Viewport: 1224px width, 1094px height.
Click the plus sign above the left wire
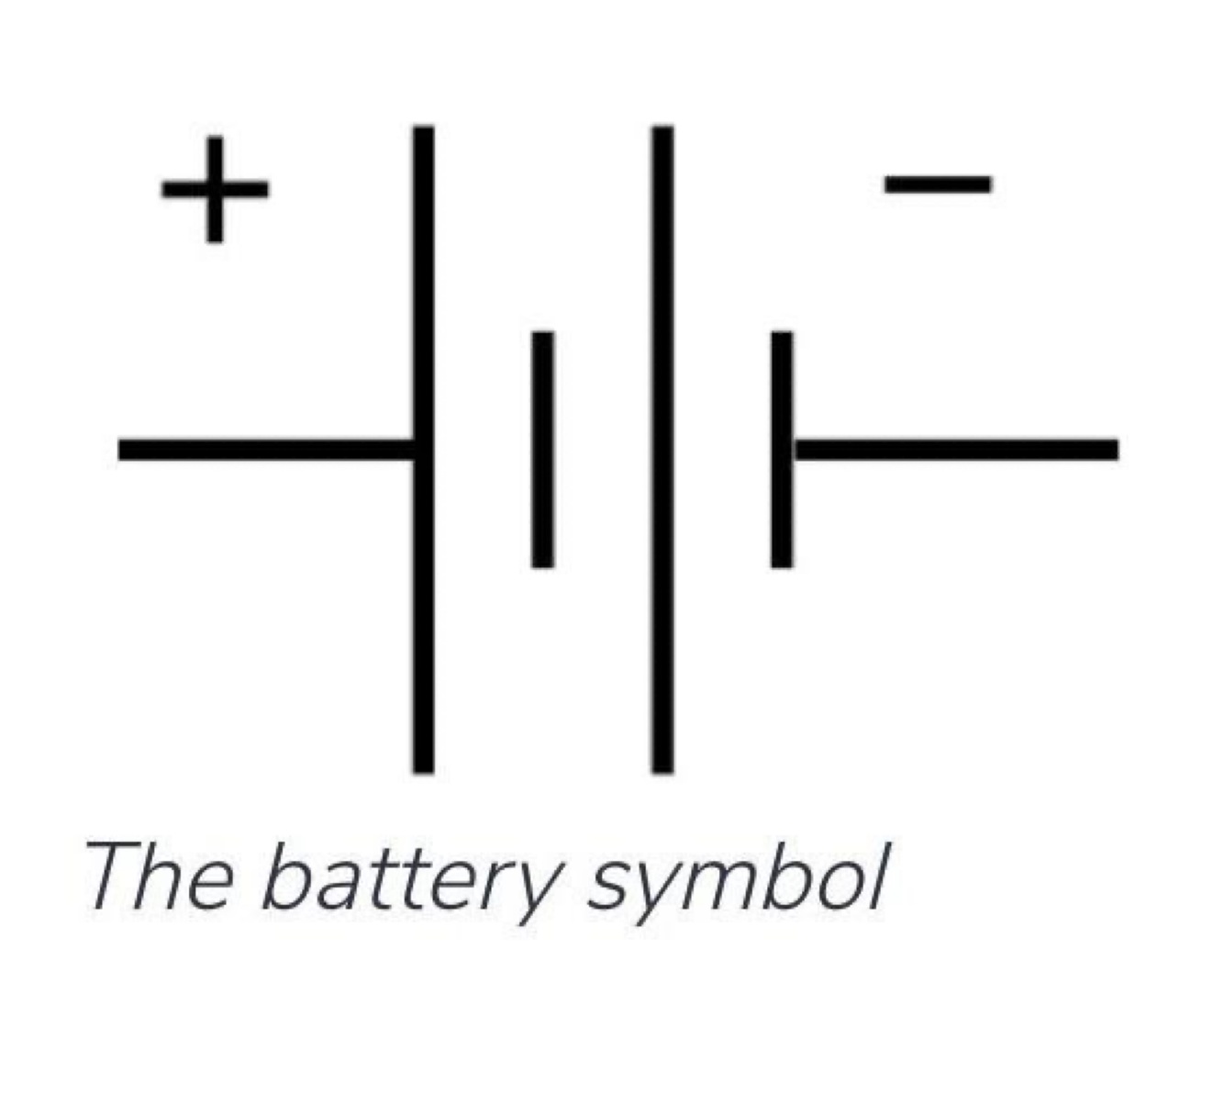(x=215, y=189)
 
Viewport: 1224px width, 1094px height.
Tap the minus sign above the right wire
(x=937, y=184)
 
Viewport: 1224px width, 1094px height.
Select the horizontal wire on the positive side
(x=266, y=450)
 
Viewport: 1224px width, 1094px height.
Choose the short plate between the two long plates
(x=542, y=449)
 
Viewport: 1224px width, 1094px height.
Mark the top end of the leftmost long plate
(x=423, y=130)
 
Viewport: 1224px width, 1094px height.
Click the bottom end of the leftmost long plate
(x=423, y=769)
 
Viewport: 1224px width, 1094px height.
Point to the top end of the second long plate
(x=662, y=130)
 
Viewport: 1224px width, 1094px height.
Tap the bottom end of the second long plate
(x=662, y=769)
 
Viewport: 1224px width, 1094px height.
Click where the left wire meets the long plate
(x=415, y=450)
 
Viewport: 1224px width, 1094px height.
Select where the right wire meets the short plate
(x=789, y=449)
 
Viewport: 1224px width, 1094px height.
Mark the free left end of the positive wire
(x=123, y=450)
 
